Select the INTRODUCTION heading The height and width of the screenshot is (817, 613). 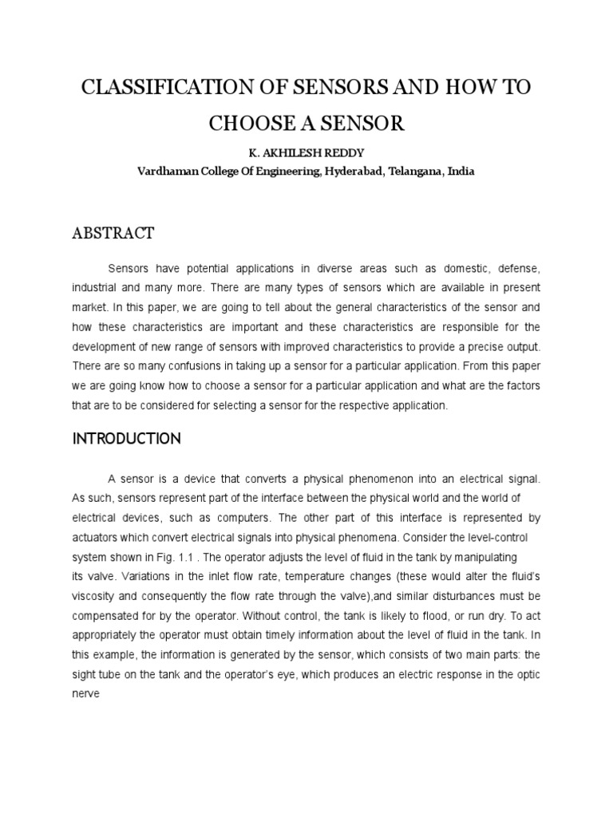(127, 439)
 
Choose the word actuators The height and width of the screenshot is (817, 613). (100, 538)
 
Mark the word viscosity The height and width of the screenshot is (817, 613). (97, 596)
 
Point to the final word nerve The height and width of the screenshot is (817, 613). (86, 693)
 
